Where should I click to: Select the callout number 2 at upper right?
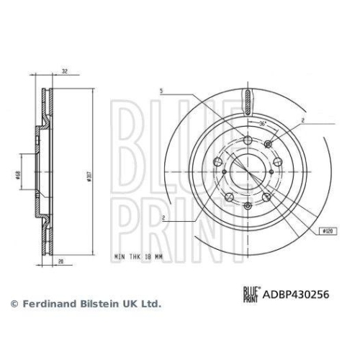(x=303, y=120)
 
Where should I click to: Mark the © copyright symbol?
(x=12, y=305)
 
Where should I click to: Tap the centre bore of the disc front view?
(x=246, y=170)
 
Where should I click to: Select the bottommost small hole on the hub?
(x=246, y=205)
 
